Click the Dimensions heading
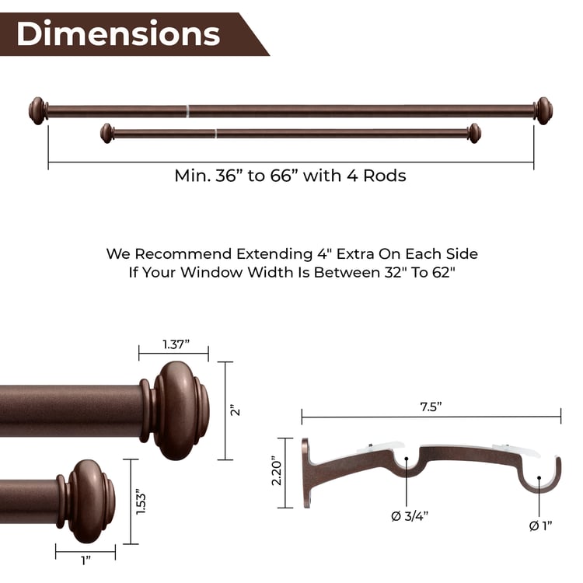tap(118, 33)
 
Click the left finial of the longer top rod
tap(37, 110)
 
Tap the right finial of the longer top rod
tap(543, 110)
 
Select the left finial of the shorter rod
tap(107, 133)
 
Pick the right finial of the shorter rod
tap(473, 133)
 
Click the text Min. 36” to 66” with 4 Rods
tap(290, 176)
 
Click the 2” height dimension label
tap(236, 410)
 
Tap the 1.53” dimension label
tap(141, 501)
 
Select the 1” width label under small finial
tap(86, 560)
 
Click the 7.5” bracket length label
tap(431, 408)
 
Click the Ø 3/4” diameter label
tap(407, 515)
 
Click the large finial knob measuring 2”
tap(180, 410)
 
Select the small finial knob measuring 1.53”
tap(88, 501)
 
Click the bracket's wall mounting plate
tap(306, 473)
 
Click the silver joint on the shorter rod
tap(215, 133)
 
